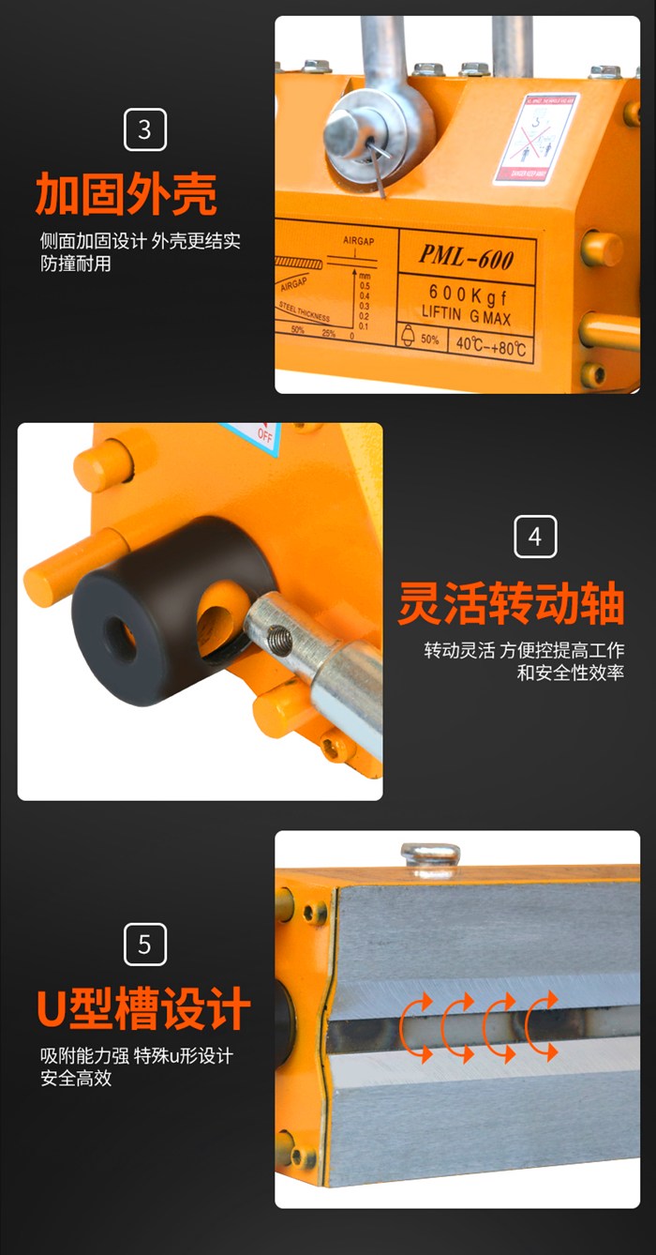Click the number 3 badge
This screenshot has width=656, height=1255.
(144, 129)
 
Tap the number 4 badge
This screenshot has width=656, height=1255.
(535, 537)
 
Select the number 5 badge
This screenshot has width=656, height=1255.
(144, 944)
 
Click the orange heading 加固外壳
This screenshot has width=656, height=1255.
(126, 194)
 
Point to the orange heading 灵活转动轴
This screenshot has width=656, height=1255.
(511, 603)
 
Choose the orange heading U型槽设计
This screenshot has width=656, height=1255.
(143, 1009)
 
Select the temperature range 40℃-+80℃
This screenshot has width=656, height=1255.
(490, 344)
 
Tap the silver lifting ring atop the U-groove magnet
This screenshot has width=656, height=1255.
(429, 857)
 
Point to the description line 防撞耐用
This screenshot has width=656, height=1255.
(75, 264)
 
